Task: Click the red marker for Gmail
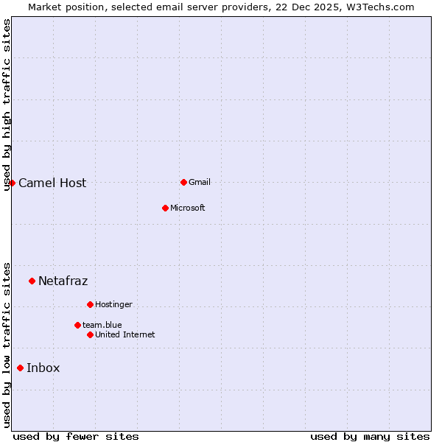pos(183,182)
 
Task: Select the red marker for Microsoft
pos(165,208)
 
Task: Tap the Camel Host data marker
pos(13,183)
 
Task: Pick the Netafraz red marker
pos(32,281)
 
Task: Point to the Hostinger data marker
pos(90,304)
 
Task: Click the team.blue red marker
pos(77,325)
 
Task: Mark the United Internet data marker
pos(90,334)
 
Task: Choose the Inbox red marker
pos(20,368)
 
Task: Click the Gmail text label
pos(200,182)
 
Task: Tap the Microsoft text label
pos(187,208)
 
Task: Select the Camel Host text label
pos(52,183)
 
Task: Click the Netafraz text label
pos(63,281)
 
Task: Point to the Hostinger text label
pos(113,304)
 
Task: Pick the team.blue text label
pos(102,325)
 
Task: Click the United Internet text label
pos(124,334)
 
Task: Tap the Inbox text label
pos(43,368)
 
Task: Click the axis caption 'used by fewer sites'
pos(76,436)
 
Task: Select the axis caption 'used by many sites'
pos(370,436)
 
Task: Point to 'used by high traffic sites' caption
pos(7,105)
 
